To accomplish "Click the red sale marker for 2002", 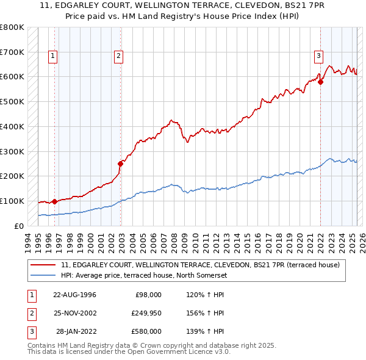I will pos(121,163).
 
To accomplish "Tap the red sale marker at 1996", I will pos(54,201).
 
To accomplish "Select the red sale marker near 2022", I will pos(320,81).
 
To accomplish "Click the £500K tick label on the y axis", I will pos(12,101).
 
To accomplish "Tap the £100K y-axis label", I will pos(12,201).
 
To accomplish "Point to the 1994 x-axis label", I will pos(28,242).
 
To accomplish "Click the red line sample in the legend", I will pos(43,265).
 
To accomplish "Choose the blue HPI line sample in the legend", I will pos(43,275).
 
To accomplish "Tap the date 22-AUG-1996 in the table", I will pos(74,295).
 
